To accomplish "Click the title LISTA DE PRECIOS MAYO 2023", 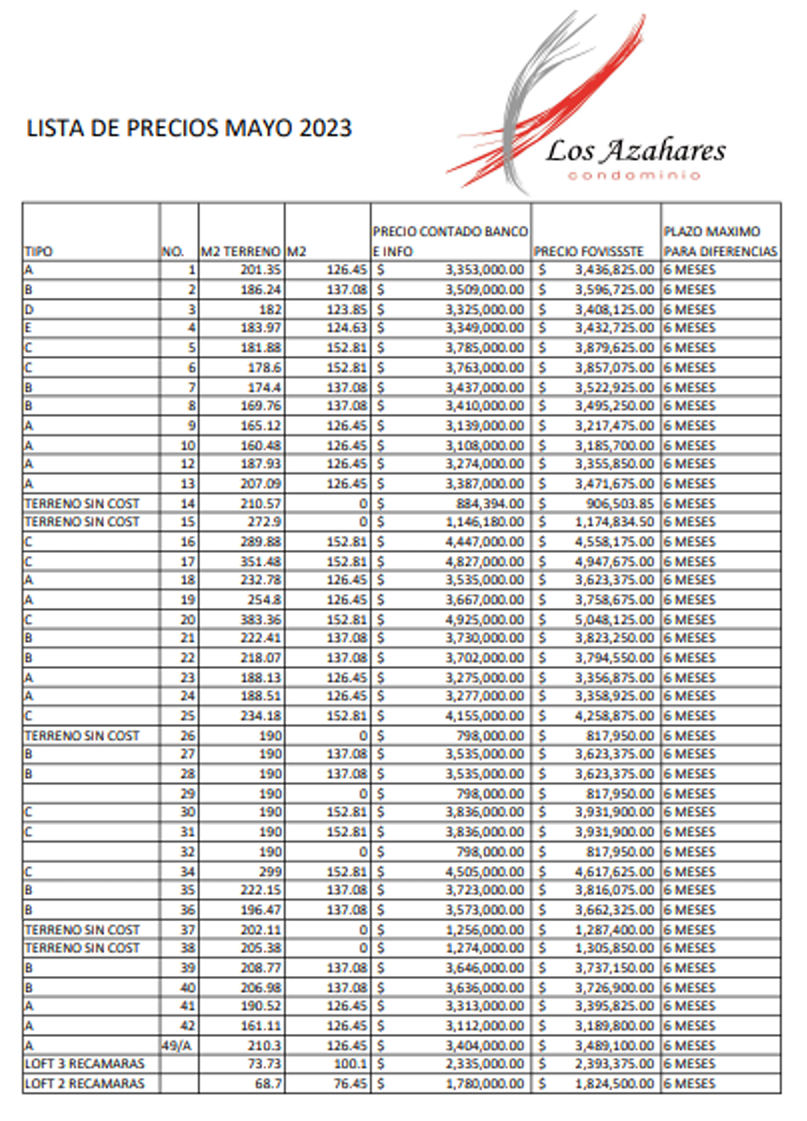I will coord(190,128).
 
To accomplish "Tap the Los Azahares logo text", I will coord(635,150).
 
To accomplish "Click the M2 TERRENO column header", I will coord(241,251).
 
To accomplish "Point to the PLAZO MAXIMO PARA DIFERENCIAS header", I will coord(719,241).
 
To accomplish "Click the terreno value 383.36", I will coord(259,619).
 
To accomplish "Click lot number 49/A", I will coord(177,1045).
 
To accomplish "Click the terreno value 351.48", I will coord(259,561).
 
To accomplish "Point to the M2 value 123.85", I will coord(347,308).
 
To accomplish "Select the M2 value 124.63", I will coord(347,328).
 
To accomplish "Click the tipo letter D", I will coord(29,308).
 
